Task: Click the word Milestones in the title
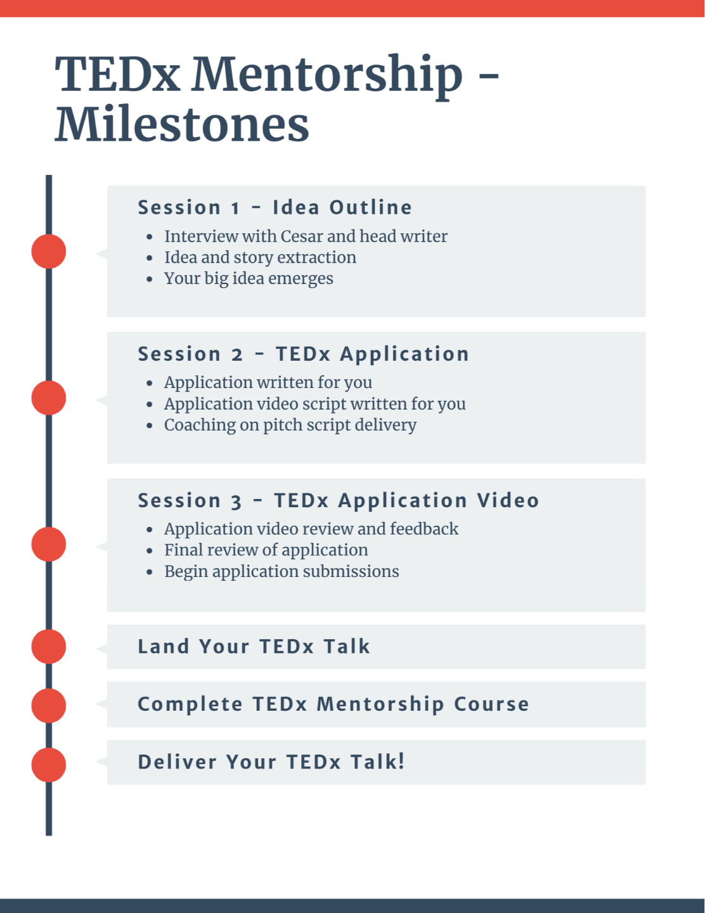(x=182, y=125)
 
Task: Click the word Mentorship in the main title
(x=327, y=75)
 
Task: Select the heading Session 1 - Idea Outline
(x=275, y=207)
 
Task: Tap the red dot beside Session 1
(x=49, y=251)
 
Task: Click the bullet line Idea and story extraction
(x=260, y=257)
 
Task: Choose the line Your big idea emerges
(x=249, y=278)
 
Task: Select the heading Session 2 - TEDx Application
(x=303, y=354)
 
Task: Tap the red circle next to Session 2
(x=49, y=398)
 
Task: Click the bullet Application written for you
(x=268, y=382)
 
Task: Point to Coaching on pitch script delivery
(x=290, y=425)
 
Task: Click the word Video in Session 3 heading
(x=508, y=500)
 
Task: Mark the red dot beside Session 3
(x=49, y=544)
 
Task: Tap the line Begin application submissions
(x=281, y=571)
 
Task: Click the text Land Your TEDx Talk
(x=254, y=647)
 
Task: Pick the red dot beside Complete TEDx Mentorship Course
(x=49, y=705)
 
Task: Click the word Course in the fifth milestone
(x=491, y=704)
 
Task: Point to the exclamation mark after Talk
(x=401, y=761)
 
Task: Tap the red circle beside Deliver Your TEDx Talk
(x=49, y=765)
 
